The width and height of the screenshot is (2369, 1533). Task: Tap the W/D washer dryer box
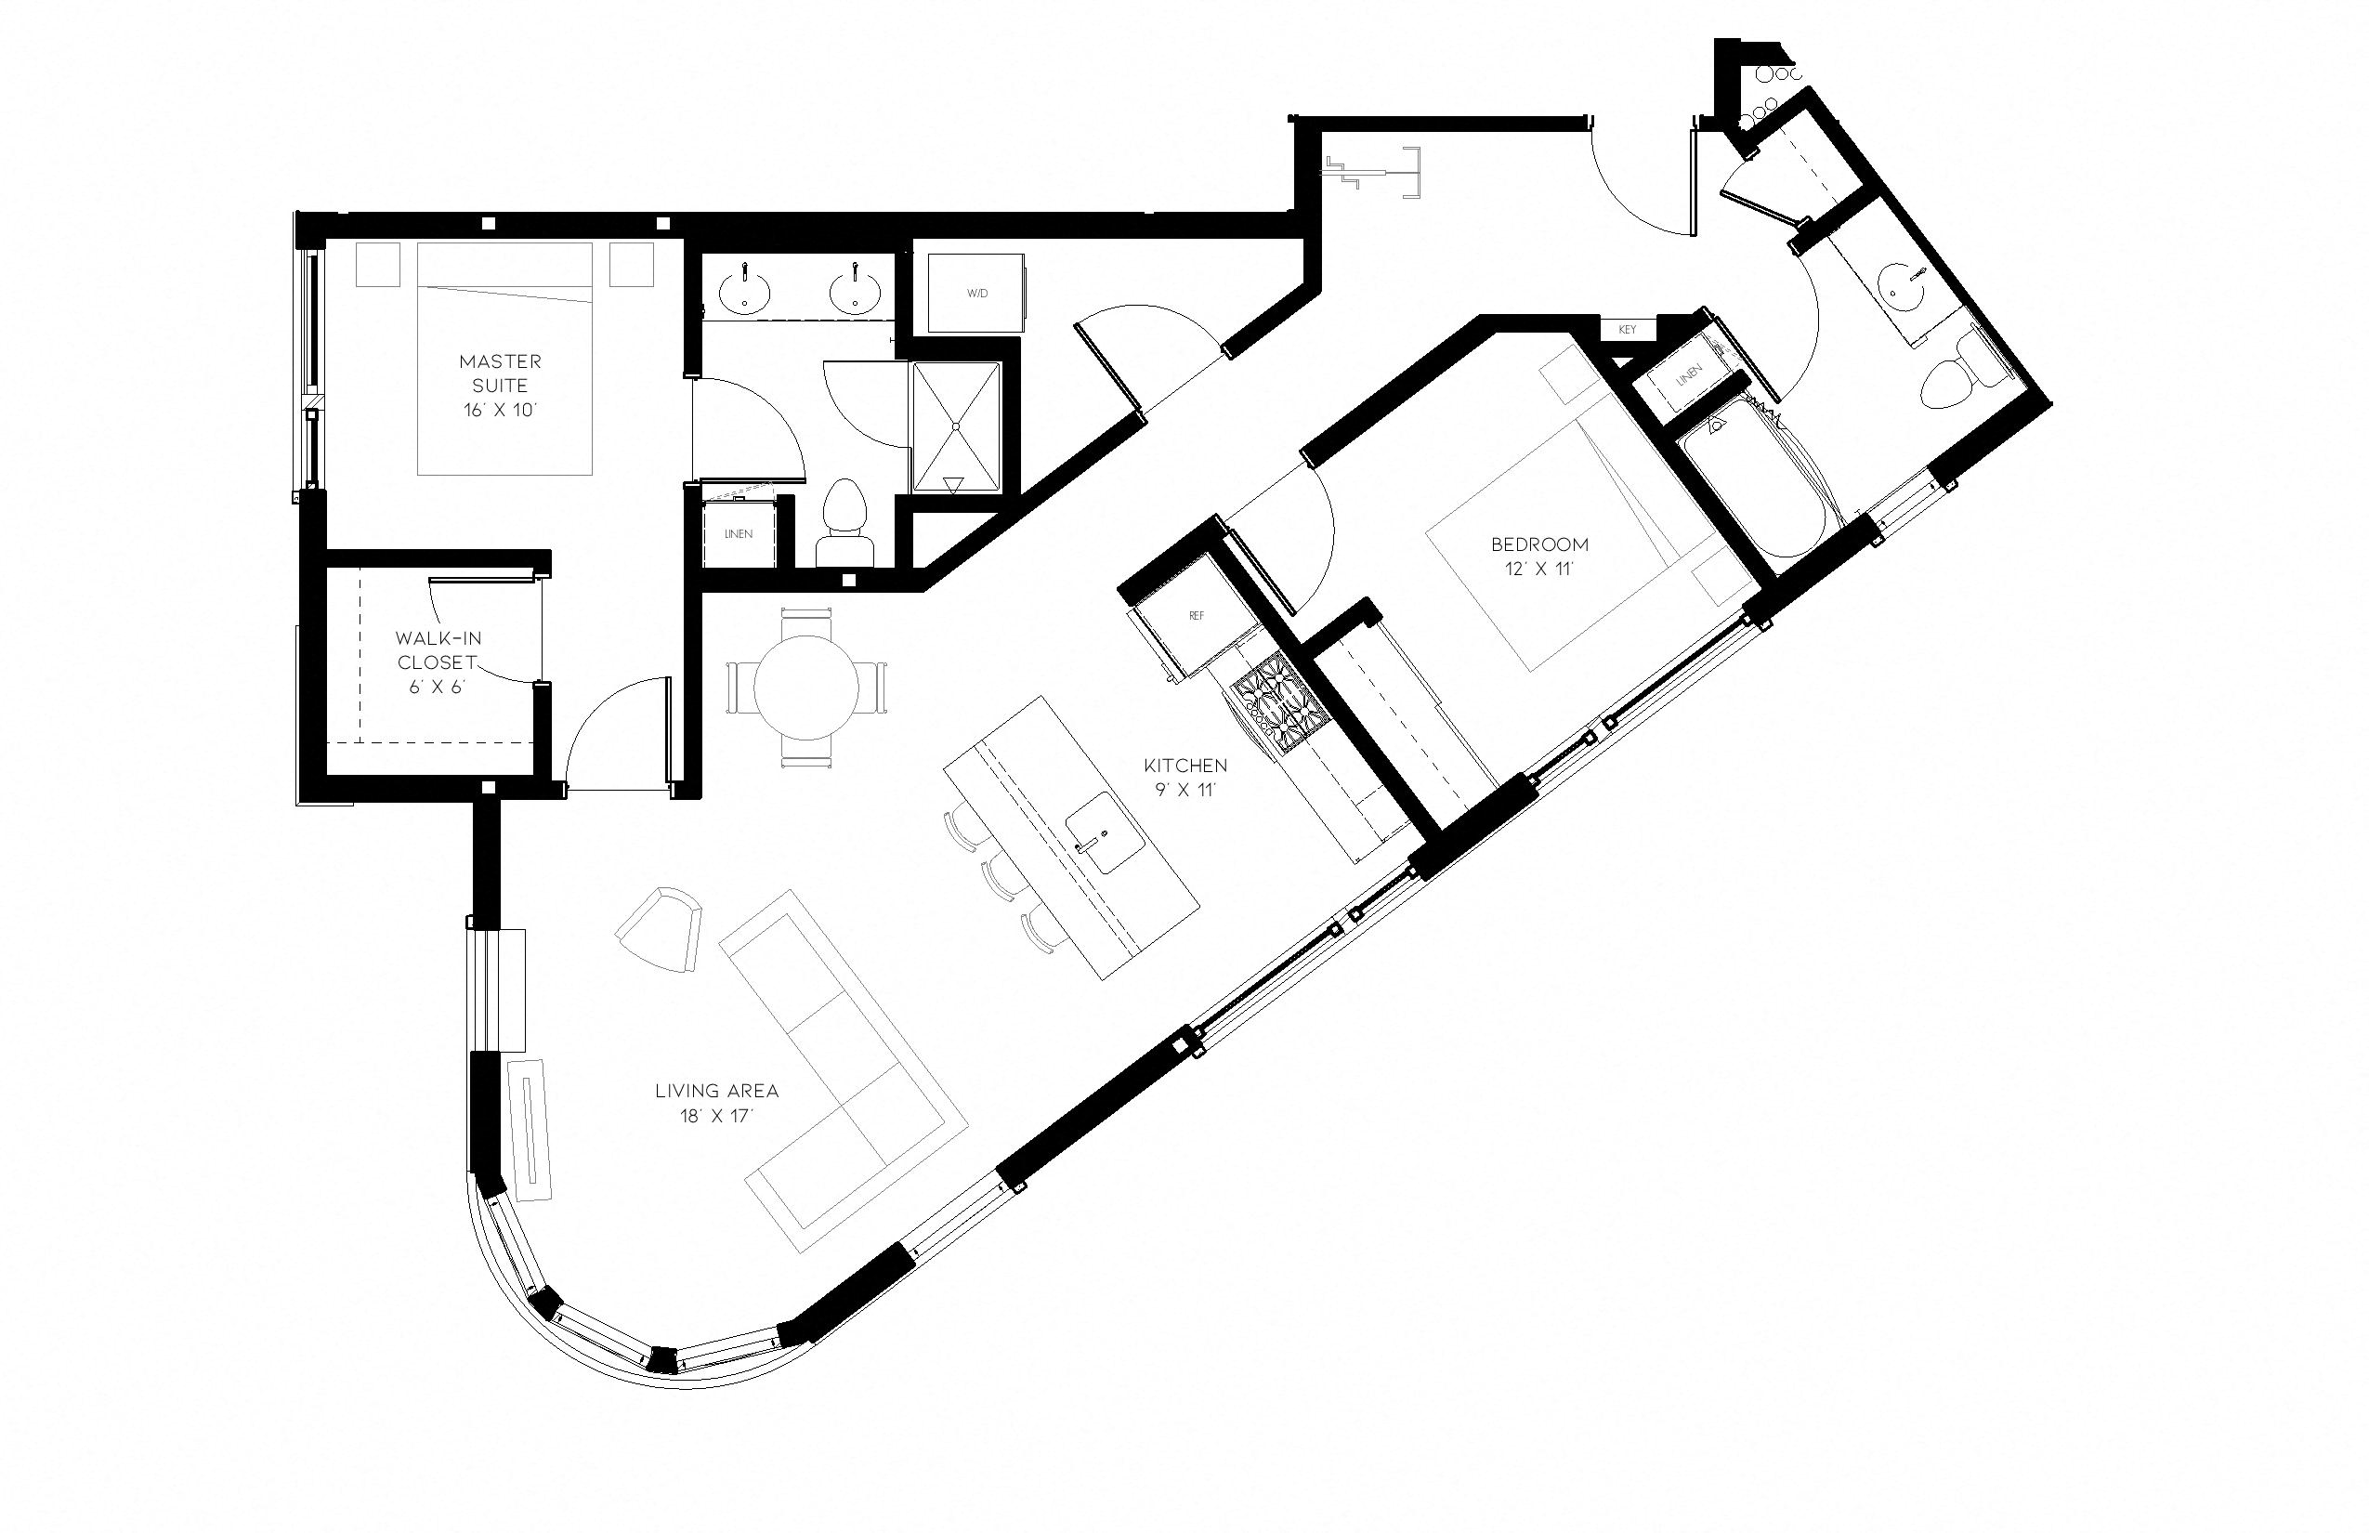coord(976,294)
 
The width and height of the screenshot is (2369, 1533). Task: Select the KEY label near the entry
coord(1627,330)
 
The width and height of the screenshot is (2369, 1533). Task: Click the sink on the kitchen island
coord(1105,832)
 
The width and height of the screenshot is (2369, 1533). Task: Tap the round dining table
coord(806,687)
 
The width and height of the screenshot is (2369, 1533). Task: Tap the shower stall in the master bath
coord(956,426)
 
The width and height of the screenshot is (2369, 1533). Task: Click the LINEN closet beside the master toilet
coord(738,534)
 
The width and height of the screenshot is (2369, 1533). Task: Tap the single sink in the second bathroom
coord(1904,288)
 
